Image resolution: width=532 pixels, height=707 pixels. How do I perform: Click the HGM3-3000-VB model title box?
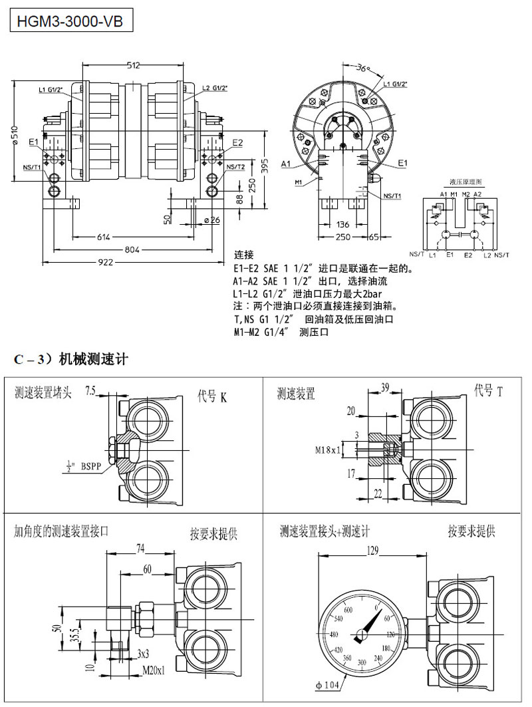point(66,21)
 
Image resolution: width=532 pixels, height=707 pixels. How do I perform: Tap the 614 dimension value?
point(104,236)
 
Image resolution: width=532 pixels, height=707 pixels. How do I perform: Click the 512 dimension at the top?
point(133,65)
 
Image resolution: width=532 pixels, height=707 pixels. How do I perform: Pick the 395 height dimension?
point(265,166)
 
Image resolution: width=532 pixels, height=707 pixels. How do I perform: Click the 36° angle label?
point(362,68)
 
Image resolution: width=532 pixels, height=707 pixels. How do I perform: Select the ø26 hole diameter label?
point(212,220)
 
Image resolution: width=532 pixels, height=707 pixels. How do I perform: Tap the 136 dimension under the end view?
point(342,224)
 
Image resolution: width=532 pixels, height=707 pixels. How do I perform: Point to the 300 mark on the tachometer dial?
point(361,662)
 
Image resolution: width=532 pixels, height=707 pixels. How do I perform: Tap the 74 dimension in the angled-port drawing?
point(140,548)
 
